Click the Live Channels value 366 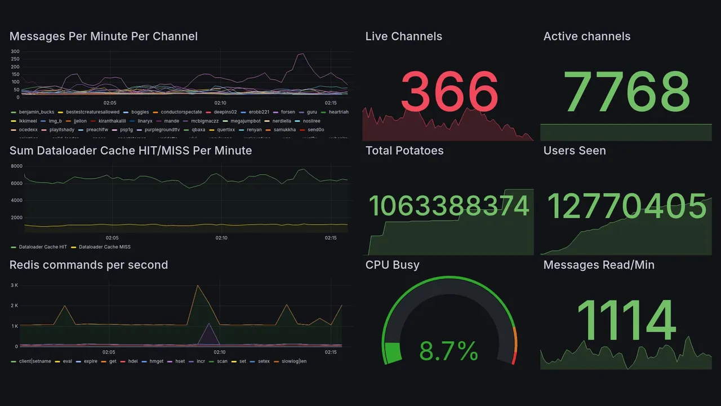[x=449, y=92]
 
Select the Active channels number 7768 [x=626, y=92]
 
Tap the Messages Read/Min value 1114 [x=626, y=320]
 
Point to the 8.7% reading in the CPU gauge [x=449, y=351]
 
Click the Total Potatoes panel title [x=404, y=151]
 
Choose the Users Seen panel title [x=575, y=151]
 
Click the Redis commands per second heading [x=88, y=265]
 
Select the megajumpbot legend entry [x=246, y=121]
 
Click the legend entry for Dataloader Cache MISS [x=104, y=247]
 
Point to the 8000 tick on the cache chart [x=16, y=166]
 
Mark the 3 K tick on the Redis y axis [x=15, y=285]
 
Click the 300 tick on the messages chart [x=15, y=52]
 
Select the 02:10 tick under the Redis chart [x=220, y=352]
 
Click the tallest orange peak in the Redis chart [x=197, y=285]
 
